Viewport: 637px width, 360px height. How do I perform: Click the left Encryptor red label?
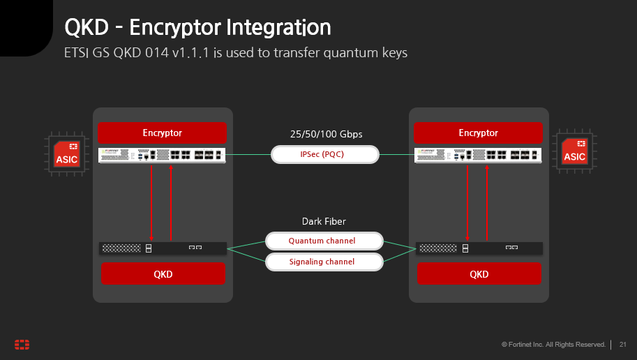click(163, 133)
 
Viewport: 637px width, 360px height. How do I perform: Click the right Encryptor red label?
click(478, 133)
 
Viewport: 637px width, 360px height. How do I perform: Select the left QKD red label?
click(163, 273)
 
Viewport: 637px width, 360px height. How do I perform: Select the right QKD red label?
click(479, 273)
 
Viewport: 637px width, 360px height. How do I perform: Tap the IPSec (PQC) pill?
click(324, 154)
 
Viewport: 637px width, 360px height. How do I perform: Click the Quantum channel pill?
click(324, 241)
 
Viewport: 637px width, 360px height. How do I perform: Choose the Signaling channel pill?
click(324, 262)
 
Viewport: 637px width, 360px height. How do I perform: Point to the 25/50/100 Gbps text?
click(326, 133)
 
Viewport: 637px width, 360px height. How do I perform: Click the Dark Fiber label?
click(324, 221)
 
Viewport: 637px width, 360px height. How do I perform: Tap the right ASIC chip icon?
click(574, 152)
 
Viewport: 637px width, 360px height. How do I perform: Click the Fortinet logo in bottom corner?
click(22, 345)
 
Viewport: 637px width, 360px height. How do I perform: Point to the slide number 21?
click(623, 345)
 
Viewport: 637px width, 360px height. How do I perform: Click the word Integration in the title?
click(278, 28)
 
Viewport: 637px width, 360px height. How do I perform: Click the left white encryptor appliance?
click(163, 155)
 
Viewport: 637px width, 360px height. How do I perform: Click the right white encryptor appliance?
click(479, 155)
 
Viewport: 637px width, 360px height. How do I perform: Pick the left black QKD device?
click(163, 248)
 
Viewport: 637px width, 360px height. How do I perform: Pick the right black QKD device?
click(479, 248)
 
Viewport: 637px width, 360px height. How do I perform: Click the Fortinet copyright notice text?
click(554, 345)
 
